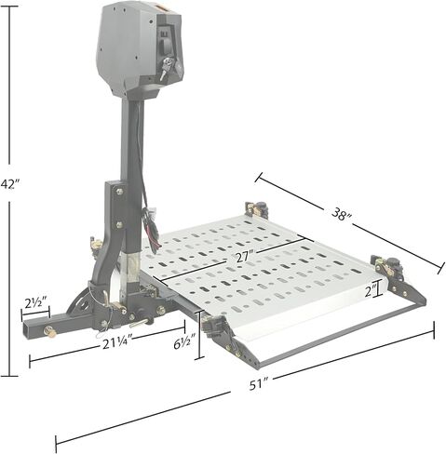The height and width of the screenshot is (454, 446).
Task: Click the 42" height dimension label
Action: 10,183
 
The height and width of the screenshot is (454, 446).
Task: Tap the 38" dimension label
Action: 342,215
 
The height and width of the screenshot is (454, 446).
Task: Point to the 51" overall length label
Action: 258,384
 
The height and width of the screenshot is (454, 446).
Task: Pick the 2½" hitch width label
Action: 35,303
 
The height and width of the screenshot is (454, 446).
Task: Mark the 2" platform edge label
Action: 371,291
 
